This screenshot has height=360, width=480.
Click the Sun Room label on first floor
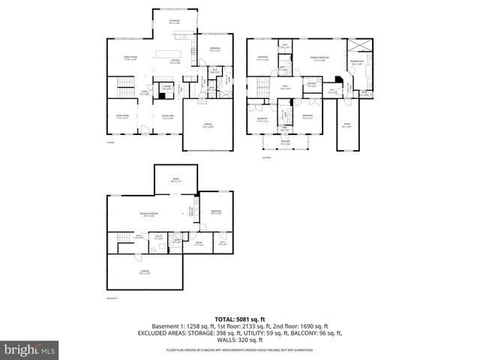pos(174,22)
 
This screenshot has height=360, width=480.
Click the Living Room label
pos(122,117)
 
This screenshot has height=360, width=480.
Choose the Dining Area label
pos(168,117)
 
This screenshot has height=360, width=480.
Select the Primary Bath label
pos(355,64)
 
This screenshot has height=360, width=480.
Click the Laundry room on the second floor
pos(310,85)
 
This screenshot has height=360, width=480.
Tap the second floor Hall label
pos(286,88)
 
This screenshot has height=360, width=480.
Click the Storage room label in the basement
pos(144,272)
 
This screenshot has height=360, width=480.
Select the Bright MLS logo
pos(30,349)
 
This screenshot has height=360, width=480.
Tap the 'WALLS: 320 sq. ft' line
pos(239,340)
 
